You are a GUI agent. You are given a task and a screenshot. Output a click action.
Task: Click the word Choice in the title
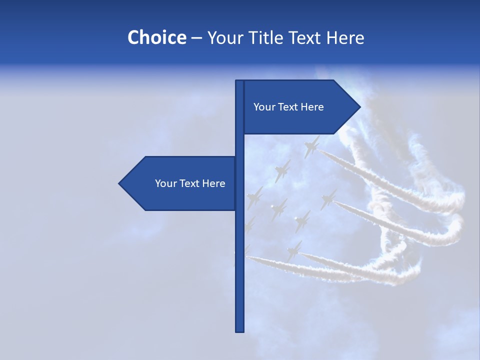click(156, 38)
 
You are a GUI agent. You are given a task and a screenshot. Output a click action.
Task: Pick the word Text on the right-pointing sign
click(288, 107)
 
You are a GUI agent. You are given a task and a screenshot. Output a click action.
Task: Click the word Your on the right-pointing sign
click(264, 107)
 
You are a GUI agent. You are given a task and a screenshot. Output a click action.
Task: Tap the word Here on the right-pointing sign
click(312, 107)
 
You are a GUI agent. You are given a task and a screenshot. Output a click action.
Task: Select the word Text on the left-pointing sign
click(190, 183)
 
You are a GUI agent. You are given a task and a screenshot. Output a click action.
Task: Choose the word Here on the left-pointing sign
click(214, 183)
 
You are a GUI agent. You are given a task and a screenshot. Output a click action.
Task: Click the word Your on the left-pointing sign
click(165, 183)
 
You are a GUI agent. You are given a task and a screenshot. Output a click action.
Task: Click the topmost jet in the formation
click(311, 146)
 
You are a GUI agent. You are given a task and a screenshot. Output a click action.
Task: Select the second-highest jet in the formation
click(282, 171)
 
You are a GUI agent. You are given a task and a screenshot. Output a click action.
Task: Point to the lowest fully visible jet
click(294, 250)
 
